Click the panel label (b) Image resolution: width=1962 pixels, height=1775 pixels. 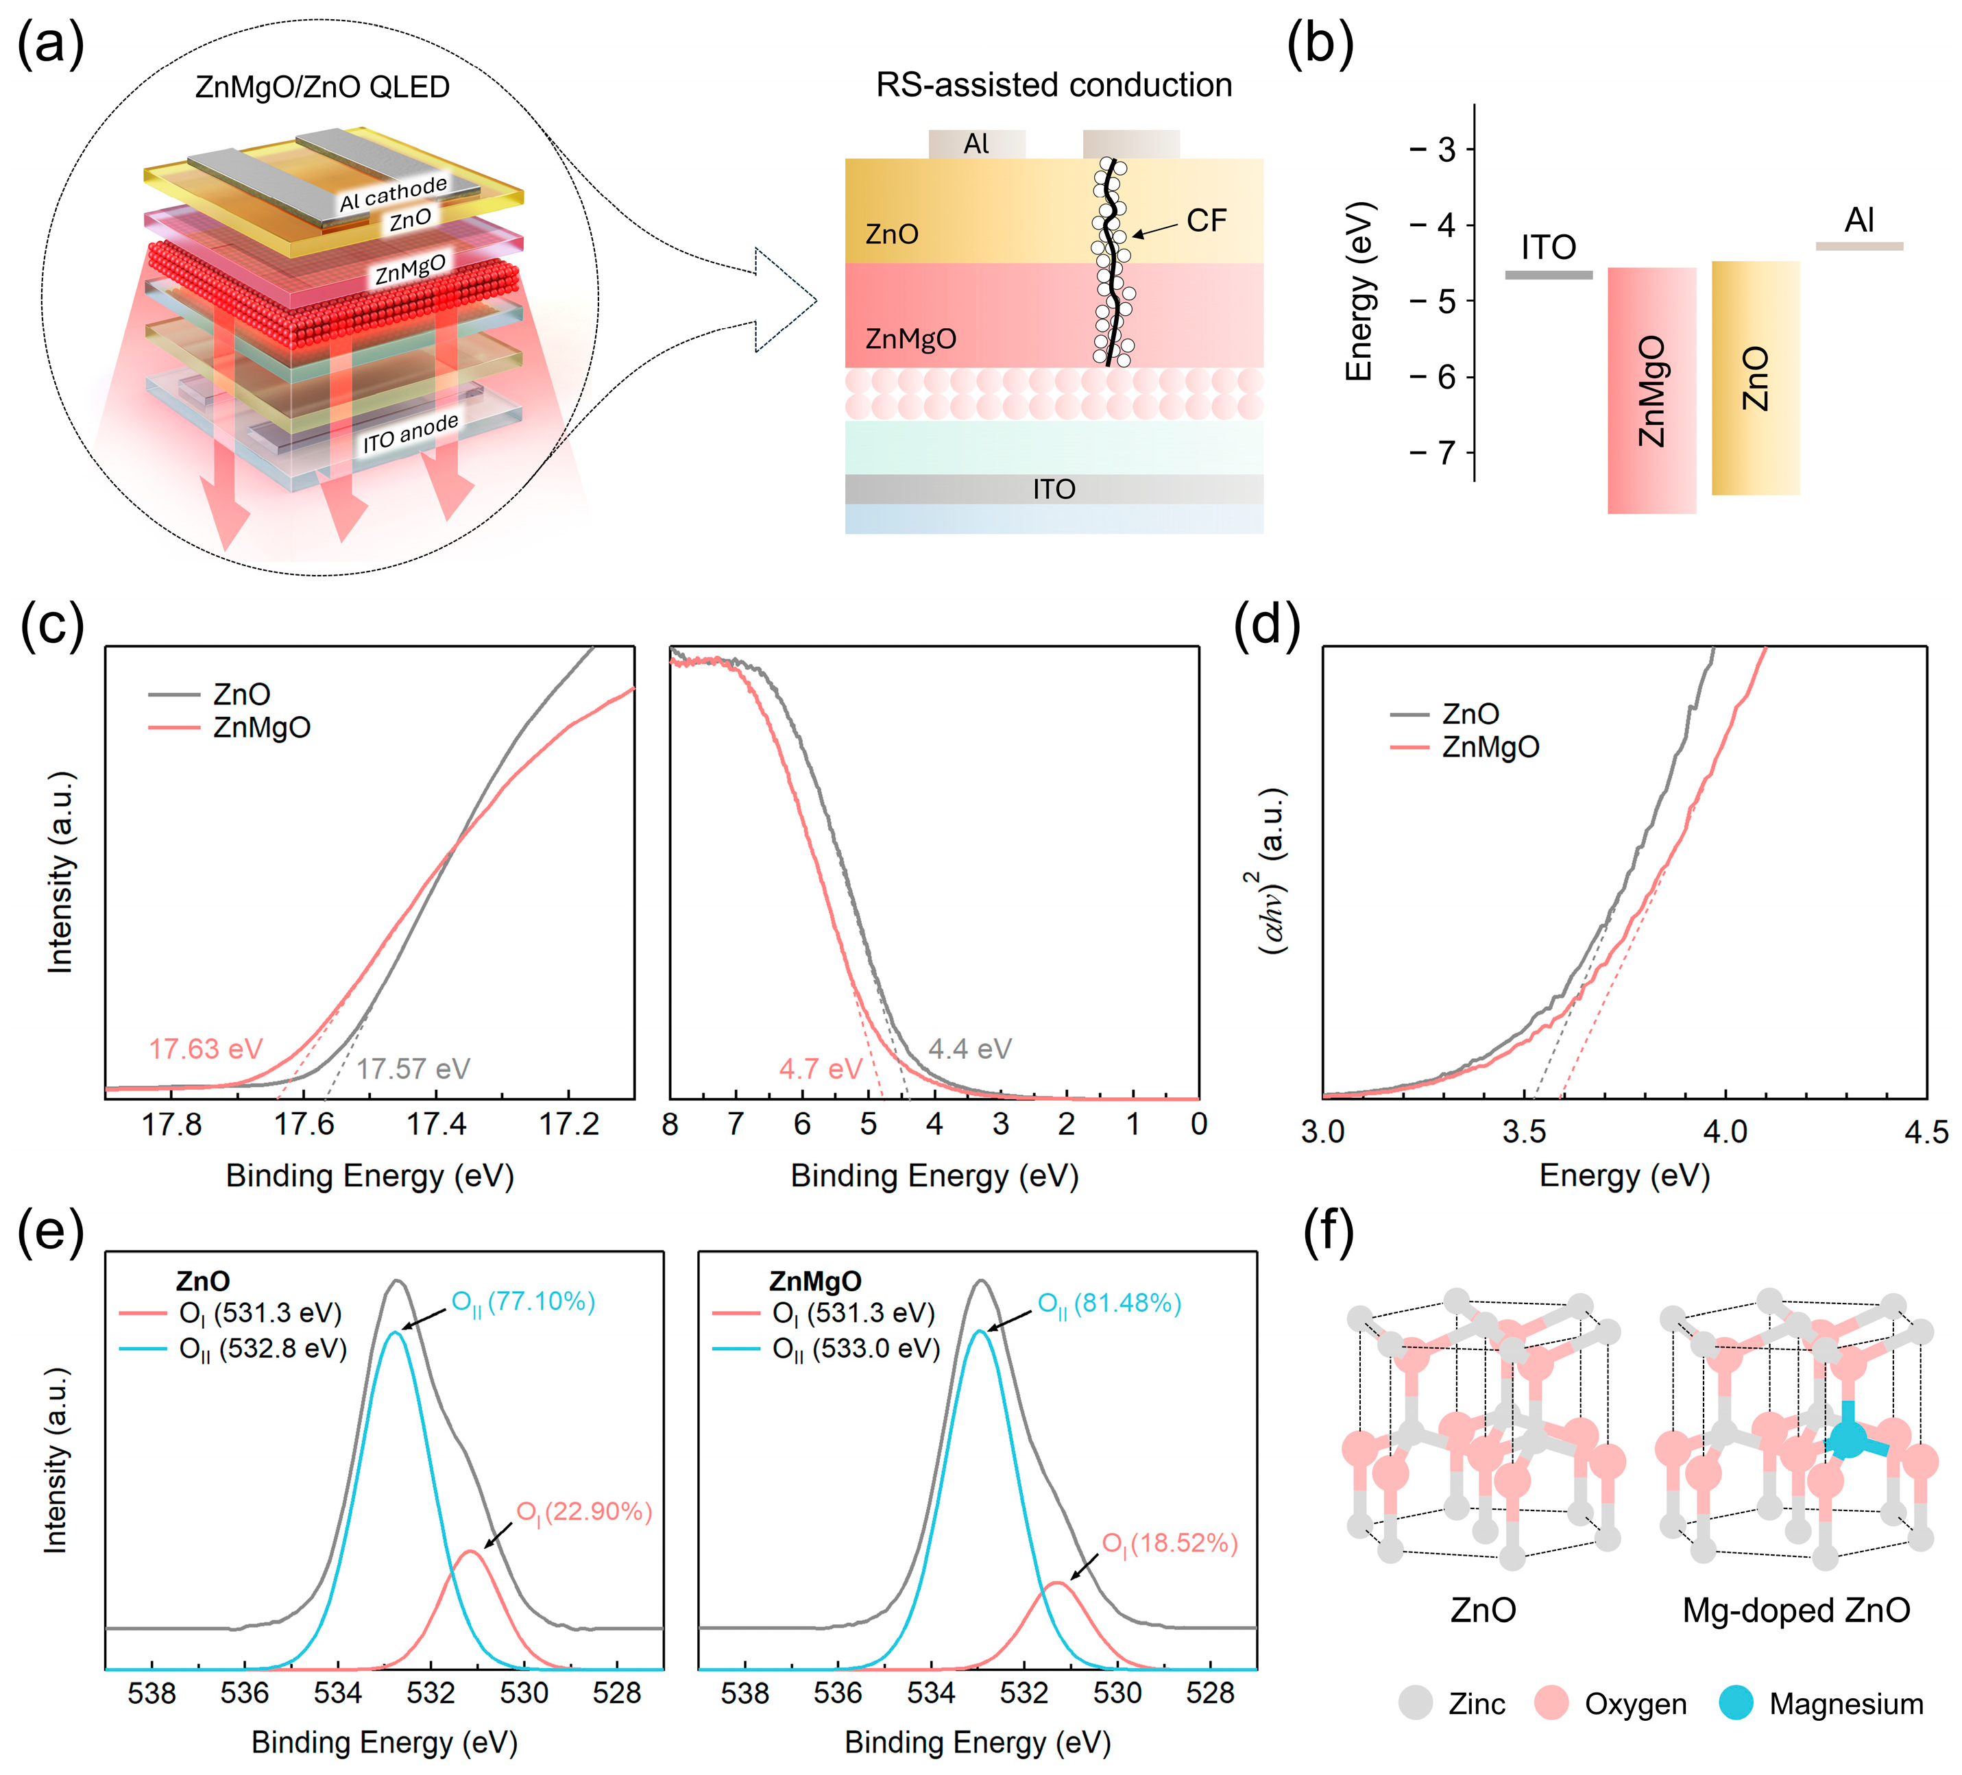coord(1319,45)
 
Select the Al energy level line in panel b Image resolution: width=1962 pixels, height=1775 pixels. coord(1859,246)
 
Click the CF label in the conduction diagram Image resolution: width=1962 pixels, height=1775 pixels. coord(1206,221)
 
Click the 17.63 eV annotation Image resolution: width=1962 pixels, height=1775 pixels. coord(206,1049)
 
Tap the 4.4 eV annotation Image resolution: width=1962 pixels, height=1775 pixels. coord(969,1049)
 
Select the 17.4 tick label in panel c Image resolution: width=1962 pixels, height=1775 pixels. coord(436,1125)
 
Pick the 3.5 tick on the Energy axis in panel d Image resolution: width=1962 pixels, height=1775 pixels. coord(1524,1131)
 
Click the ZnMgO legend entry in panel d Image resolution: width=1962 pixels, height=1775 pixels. coord(1490,748)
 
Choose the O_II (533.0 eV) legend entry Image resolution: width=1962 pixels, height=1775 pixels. coord(856,1349)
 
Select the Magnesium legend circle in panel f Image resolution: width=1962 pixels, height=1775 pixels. coord(1735,1703)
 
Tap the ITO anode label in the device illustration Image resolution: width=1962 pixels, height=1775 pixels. coord(410,433)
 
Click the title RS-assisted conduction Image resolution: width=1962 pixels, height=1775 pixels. coord(1053,86)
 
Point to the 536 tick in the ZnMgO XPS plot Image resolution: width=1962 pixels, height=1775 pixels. coord(838,1693)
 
